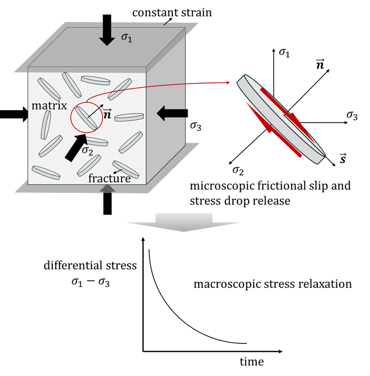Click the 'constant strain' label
tap(172, 13)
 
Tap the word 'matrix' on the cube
tap(49, 106)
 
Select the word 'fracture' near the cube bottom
tap(110, 178)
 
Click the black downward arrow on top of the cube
tap(107, 30)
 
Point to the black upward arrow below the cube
tap(107, 200)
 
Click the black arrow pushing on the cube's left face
tap(14, 114)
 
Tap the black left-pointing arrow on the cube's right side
tap(172, 113)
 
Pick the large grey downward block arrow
tap(184, 222)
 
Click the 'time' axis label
tap(251, 362)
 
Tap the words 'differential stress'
tap(90, 265)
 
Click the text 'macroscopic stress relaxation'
tap(272, 284)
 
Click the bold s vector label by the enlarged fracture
tap(343, 158)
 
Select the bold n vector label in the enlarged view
tap(320, 64)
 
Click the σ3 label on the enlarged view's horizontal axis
tap(352, 115)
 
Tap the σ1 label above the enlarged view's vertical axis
tap(285, 53)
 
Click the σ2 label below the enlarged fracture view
tap(238, 170)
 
